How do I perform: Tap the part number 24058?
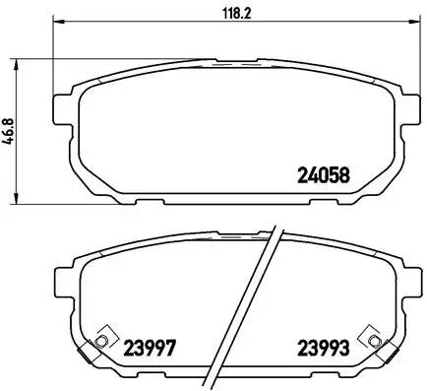324,177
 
